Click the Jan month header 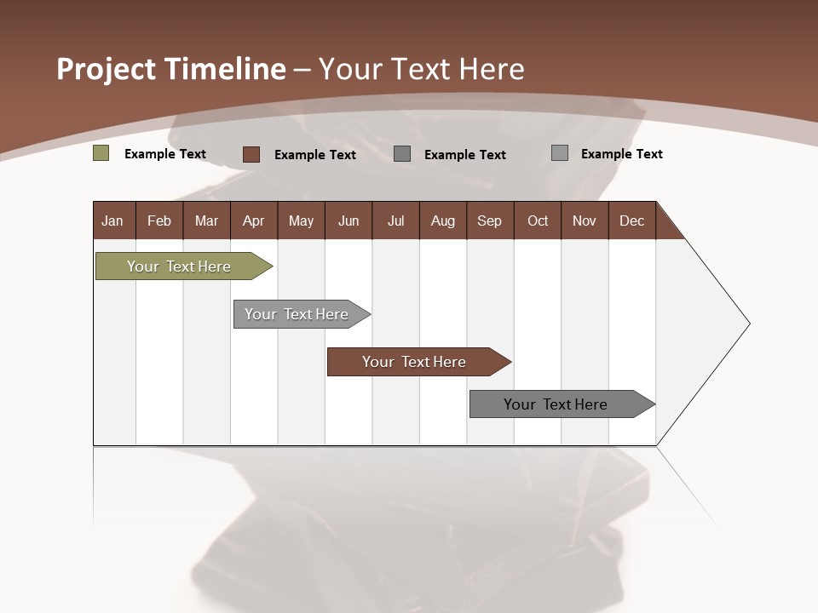(112, 221)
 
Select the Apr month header (253, 221)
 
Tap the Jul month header (395, 221)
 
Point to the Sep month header (489, 221)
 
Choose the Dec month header (631, 221)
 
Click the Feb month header (159, 221)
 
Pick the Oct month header (538, 221)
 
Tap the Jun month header (348, 221)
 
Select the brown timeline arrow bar (416, 362)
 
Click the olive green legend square (101, 153)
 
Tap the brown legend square (251, 154)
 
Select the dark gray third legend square (402, 153)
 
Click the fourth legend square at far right (560, 153)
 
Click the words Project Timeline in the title (170, 69)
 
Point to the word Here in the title (488, 69)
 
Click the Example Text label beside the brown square (314, 155)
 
